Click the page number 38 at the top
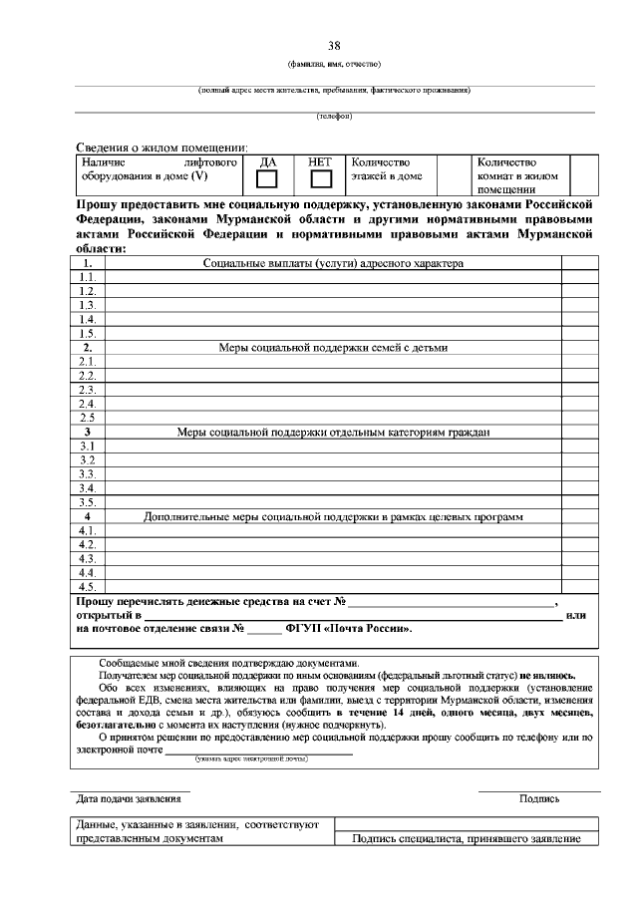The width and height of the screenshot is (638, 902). [335, 46]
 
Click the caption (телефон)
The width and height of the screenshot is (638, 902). [335, 117]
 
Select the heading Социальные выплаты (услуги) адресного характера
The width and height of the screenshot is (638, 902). [333, 263]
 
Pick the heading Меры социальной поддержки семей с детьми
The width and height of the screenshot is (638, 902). [333, 348]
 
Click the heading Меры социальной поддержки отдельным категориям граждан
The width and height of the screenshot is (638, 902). [333, 433]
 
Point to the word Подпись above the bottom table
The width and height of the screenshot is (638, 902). [538, 798]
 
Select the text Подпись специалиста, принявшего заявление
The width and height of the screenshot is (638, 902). [467, 838]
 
